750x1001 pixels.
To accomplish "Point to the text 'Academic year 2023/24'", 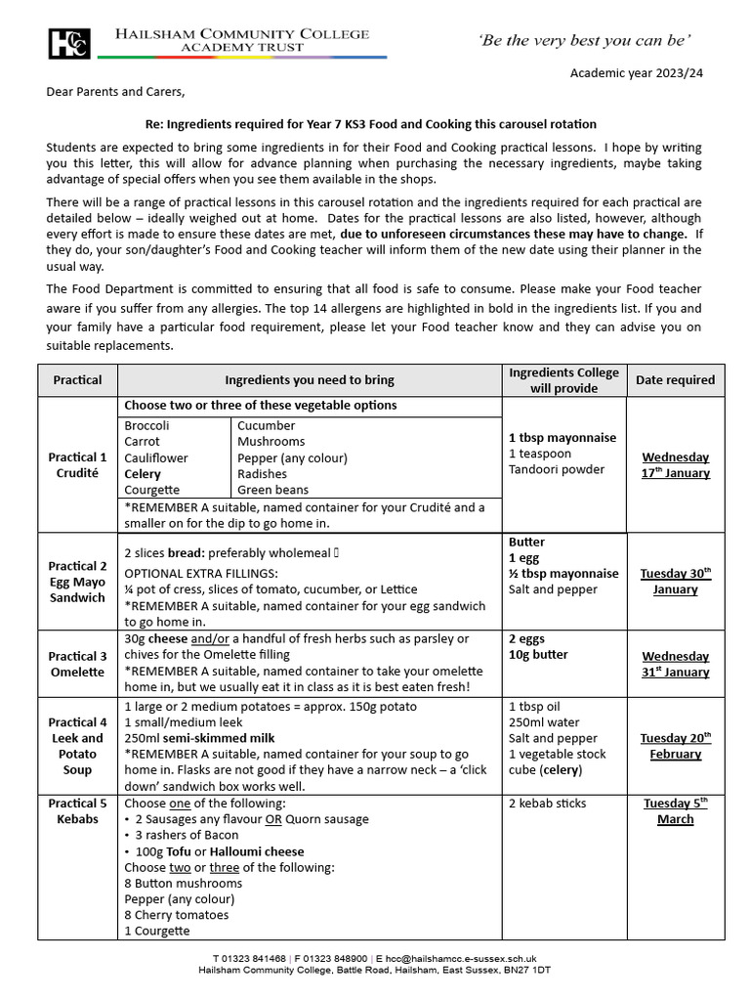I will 635,74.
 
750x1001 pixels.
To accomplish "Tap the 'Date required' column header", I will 675,379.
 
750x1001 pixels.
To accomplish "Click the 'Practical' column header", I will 77,379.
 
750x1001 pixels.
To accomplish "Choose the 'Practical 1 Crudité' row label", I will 77,464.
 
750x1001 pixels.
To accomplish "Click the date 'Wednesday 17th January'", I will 675,465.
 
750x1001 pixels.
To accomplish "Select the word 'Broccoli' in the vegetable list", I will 146,426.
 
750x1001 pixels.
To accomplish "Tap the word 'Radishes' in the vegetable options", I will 259,474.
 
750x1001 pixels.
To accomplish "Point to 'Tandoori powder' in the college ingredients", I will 558,469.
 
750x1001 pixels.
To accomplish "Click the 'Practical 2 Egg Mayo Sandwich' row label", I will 77,582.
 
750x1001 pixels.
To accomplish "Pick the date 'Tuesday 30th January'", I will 675,581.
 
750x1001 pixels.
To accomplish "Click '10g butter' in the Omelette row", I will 538,655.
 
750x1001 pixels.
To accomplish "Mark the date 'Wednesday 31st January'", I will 675,664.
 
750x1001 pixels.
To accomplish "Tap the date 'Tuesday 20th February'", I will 675,746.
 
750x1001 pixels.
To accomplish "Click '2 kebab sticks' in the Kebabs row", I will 548,804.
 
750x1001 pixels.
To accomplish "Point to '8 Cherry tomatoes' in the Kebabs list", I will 177,915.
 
